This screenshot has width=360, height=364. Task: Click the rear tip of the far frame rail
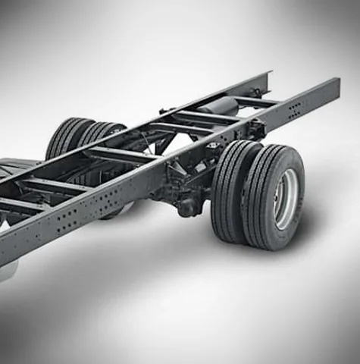point(266,76)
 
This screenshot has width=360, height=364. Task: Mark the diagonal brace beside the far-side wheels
point(144,136)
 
